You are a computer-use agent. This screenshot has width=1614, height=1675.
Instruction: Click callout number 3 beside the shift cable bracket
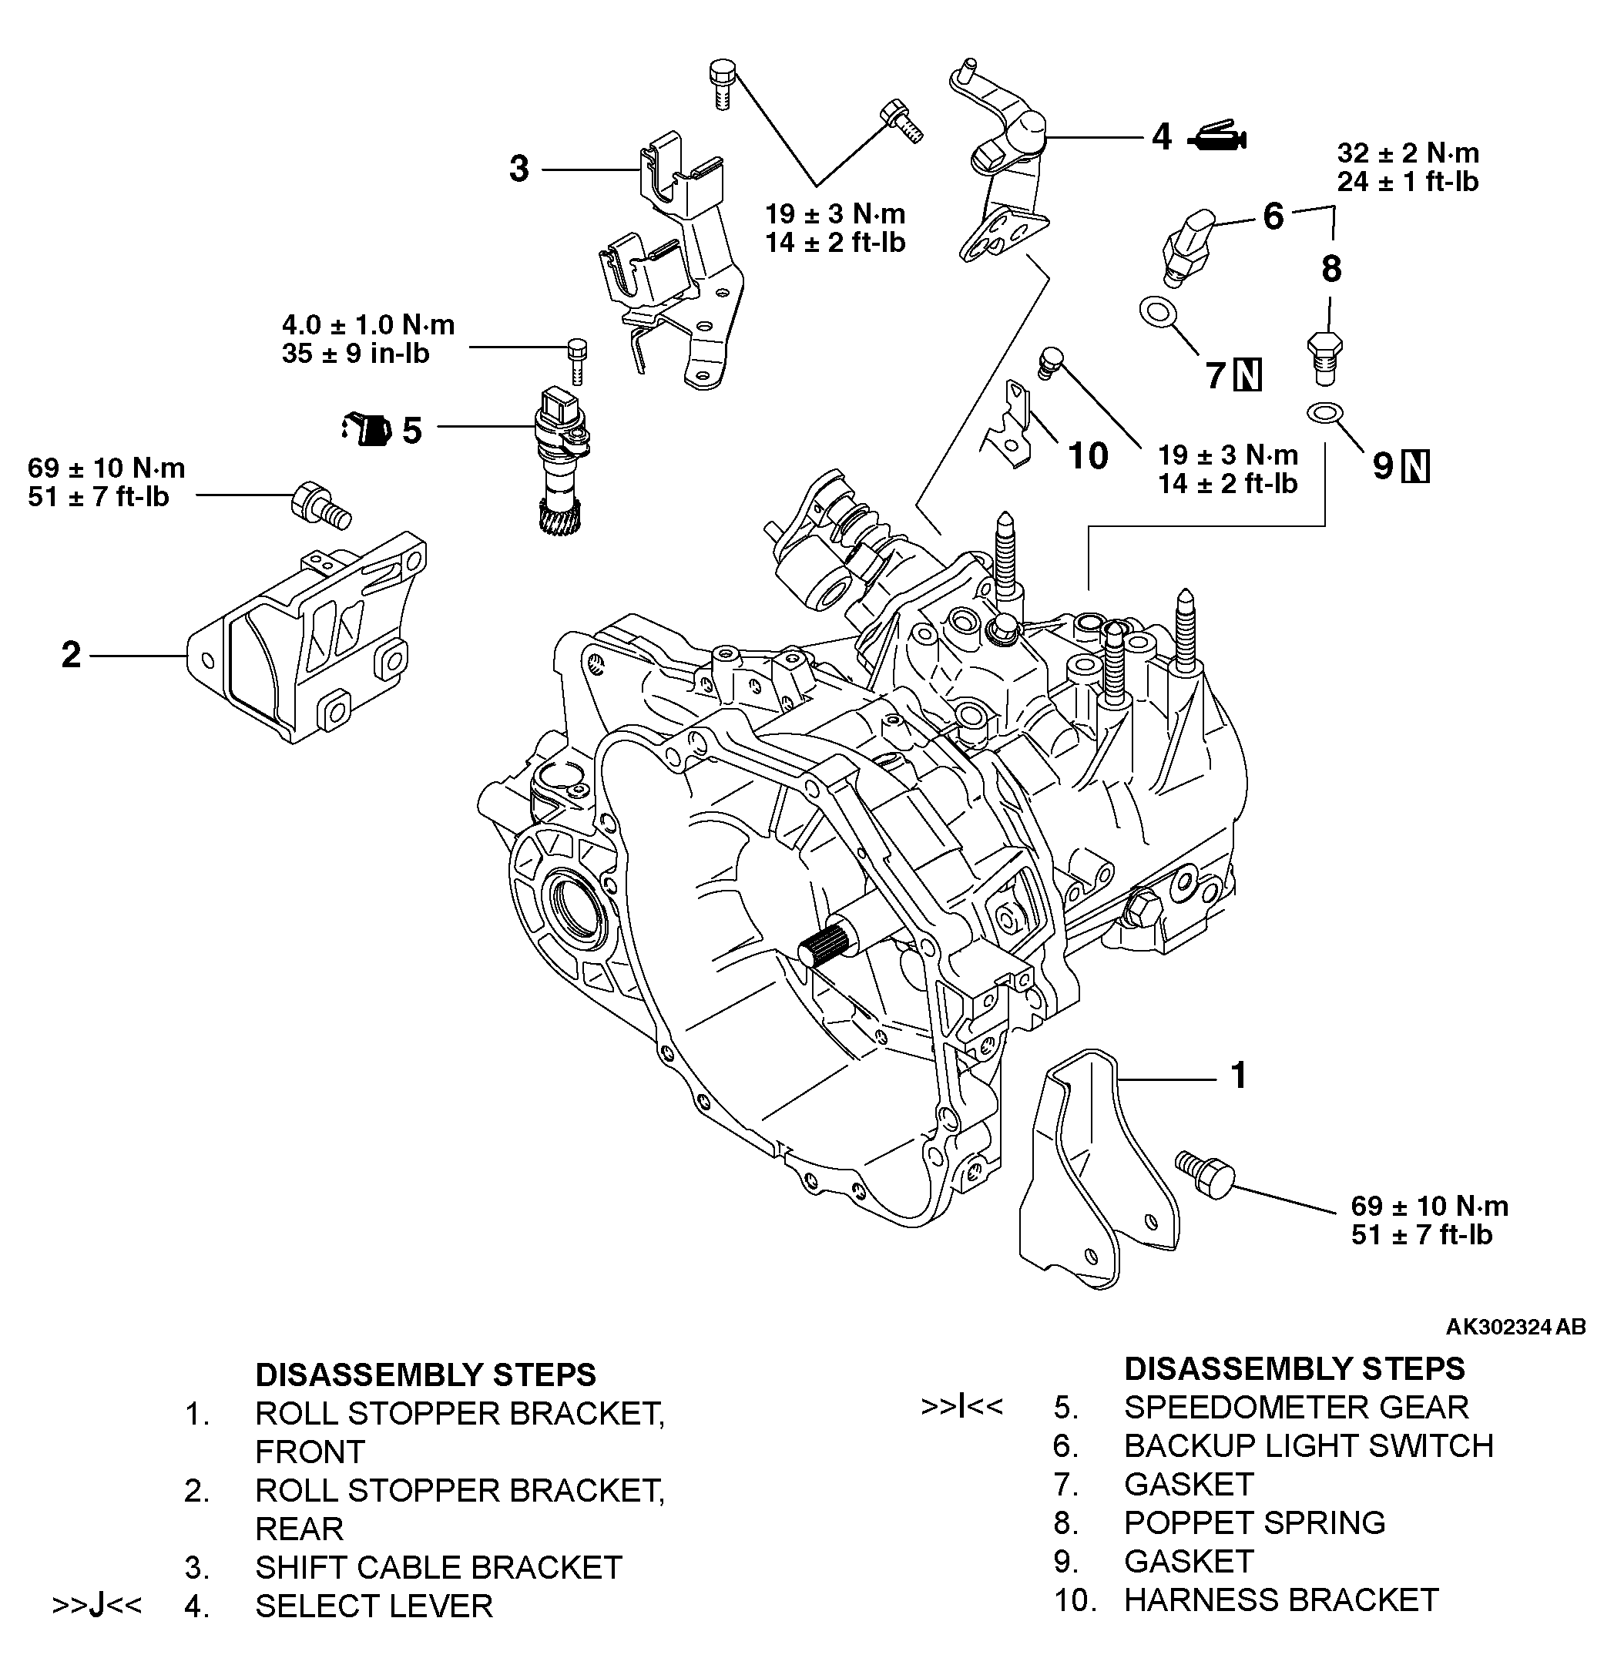(x=518, y=169)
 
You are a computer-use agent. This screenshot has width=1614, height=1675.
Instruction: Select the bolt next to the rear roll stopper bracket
(x=320, y=506)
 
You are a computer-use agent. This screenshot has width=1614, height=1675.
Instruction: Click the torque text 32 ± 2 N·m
(x=1407, y=153)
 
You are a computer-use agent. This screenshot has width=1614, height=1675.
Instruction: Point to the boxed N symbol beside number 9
(x=1417, y=467)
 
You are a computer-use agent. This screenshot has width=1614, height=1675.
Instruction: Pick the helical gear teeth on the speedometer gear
(x=559, y=516)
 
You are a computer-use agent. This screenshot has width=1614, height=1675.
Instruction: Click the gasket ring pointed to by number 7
(x=1156, y=313)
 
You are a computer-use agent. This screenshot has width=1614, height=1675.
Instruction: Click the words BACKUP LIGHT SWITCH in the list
(x=1308, y=1446)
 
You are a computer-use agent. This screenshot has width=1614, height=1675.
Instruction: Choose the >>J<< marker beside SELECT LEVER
(x=97, y=1605)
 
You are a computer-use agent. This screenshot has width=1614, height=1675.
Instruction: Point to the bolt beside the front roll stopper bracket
(x=1206, y=1174)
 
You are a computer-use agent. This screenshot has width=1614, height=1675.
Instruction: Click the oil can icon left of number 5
(x=366, y=429)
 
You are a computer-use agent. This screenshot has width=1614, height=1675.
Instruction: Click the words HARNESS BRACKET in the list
(x=1280, y=1599)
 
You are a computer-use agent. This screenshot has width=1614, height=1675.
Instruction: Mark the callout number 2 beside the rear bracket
(x=71, y=655)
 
